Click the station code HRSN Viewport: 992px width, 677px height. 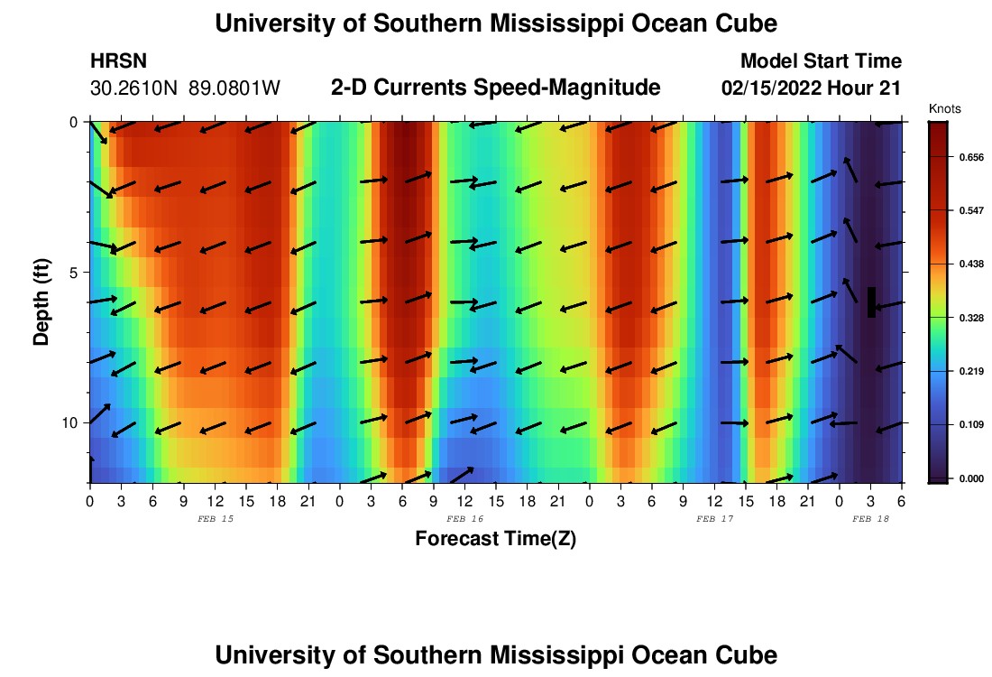tap(119, 61)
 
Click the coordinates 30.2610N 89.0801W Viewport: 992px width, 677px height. tap(185, 88)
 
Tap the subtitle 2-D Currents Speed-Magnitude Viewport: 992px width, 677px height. tap(495, 88)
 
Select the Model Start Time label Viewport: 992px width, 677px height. tap(820, 61)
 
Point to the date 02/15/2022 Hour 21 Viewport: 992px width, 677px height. tap(812, 88)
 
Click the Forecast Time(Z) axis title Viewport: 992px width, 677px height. tap(495, 540)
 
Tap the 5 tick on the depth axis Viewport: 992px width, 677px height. tap(72, 273)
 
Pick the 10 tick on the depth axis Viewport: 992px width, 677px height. tap(69, 422)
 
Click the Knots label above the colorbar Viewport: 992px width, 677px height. tap(944, 108)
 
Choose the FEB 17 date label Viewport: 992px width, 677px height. tap(714, 519)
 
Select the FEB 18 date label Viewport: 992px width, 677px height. tap(870, 519)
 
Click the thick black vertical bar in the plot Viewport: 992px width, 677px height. tap(871, 302)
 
